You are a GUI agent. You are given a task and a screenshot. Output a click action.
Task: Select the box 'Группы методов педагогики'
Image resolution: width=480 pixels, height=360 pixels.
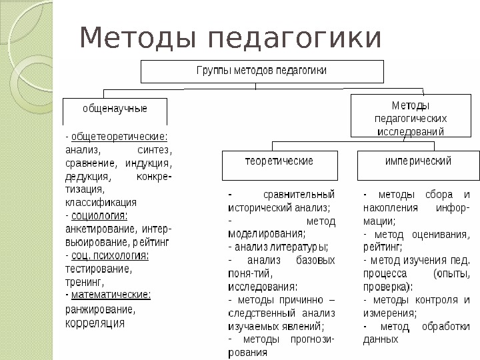tap(261, 71)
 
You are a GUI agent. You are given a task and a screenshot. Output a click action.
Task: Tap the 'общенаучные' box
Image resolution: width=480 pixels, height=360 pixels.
tap(115, 110)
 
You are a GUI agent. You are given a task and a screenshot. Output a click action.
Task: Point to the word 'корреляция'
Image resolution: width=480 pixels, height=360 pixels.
tap(95, 323)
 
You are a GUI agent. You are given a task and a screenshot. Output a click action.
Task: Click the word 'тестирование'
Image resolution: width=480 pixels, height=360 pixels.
tap(99, 269)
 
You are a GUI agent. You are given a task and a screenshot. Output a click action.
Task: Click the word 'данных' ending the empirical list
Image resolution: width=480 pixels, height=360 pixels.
tap(381, 339)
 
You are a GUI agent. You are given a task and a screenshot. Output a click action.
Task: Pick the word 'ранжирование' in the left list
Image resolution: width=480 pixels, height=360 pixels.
tap(100, 309)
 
